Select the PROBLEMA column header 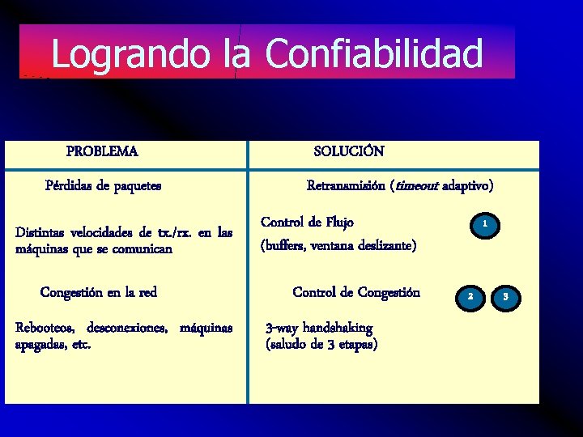(102, 151)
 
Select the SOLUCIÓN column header (349, 151)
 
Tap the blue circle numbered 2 (469, 297)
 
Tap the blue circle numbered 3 (504, 297)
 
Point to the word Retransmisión (346, 185)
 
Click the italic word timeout (415, 185)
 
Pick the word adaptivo (467, 185)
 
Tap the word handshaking (337, 328)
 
